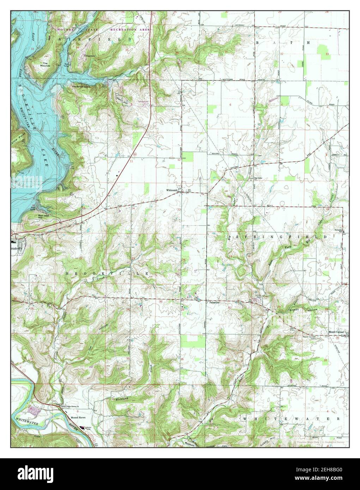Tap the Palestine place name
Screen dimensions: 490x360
(214, 302)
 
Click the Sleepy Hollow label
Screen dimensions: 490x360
(303, 309)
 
